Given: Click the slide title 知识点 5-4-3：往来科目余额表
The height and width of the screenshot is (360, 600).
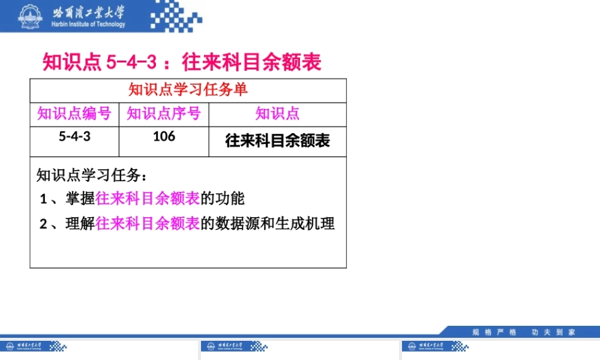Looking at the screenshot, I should [x=182, y=62].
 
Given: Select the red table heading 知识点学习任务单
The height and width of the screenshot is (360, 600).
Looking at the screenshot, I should [x=188, y=90].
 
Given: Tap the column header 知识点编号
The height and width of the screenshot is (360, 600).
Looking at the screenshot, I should [x=74, y=113].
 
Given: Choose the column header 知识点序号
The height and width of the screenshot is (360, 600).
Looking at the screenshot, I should [x=164, y=113].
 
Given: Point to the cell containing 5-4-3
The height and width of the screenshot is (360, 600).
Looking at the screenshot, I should [x=74, y=136].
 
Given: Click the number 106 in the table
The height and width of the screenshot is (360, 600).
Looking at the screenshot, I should [x=164, y=136].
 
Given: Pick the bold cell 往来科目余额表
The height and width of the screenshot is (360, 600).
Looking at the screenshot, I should [x=277, y=141].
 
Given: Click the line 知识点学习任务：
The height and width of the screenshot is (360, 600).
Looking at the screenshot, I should [x=92, y=175].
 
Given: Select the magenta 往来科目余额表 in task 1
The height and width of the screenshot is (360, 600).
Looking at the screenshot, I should [x=148, y=198].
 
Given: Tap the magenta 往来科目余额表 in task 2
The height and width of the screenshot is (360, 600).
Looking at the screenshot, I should [x=148, y=224].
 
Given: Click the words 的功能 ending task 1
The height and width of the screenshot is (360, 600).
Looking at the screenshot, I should [x=223, y=198].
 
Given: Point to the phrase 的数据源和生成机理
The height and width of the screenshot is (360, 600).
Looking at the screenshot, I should [x=268, y=224].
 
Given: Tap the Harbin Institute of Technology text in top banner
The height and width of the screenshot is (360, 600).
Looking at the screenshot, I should [x=89, y=25].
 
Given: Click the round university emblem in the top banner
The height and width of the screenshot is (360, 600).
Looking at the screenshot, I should [x=28, y=16].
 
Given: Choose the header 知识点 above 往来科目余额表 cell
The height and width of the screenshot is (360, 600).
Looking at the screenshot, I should [x=277, y=113].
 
